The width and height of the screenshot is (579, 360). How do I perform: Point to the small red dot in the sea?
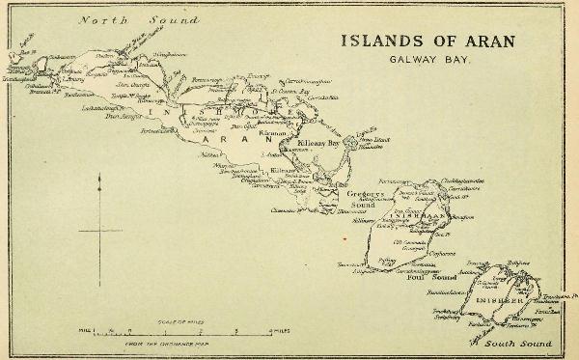(x=344, y=236)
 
